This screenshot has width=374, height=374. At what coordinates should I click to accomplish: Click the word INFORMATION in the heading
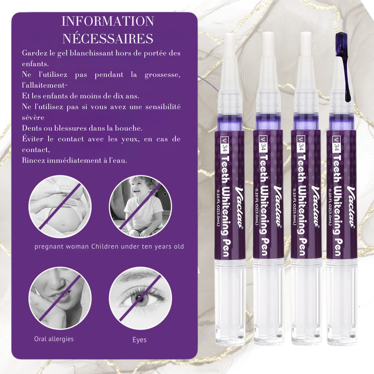(107, 21)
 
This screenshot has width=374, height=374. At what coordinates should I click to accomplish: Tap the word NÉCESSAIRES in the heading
(107, 38)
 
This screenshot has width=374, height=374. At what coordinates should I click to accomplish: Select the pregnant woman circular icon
(60, 207)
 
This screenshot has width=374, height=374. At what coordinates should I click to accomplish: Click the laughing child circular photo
(140, 206)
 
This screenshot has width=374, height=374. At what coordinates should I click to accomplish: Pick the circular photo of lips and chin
(60, 298)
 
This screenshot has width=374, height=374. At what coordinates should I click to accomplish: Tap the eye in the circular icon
(140, 298)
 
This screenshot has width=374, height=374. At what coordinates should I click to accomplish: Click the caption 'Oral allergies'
(54, 339)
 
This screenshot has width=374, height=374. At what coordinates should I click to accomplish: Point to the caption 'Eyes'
(140, 340)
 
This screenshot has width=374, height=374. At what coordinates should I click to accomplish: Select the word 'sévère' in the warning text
(33, 118)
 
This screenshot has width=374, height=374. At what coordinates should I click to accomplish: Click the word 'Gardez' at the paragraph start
(35, 53)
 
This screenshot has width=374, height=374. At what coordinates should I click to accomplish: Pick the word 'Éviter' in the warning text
(33, 139)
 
